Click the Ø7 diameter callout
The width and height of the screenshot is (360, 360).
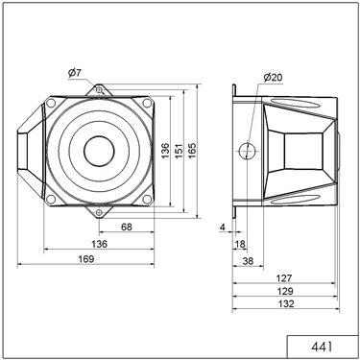(75, 73)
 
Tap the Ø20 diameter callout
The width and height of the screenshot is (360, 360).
(273, 77)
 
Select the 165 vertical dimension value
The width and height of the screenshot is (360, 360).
(192, 151)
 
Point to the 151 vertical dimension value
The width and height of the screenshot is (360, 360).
(179, 151)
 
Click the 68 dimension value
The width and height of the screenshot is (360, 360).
(127, 227)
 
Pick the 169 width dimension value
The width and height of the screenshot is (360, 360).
(86, 259)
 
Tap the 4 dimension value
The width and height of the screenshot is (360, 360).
(223, 228)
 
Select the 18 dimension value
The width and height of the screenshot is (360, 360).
(240, 244)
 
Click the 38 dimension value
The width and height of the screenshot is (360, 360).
(248, 261)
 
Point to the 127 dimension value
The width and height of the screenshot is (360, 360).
(284, 278)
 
